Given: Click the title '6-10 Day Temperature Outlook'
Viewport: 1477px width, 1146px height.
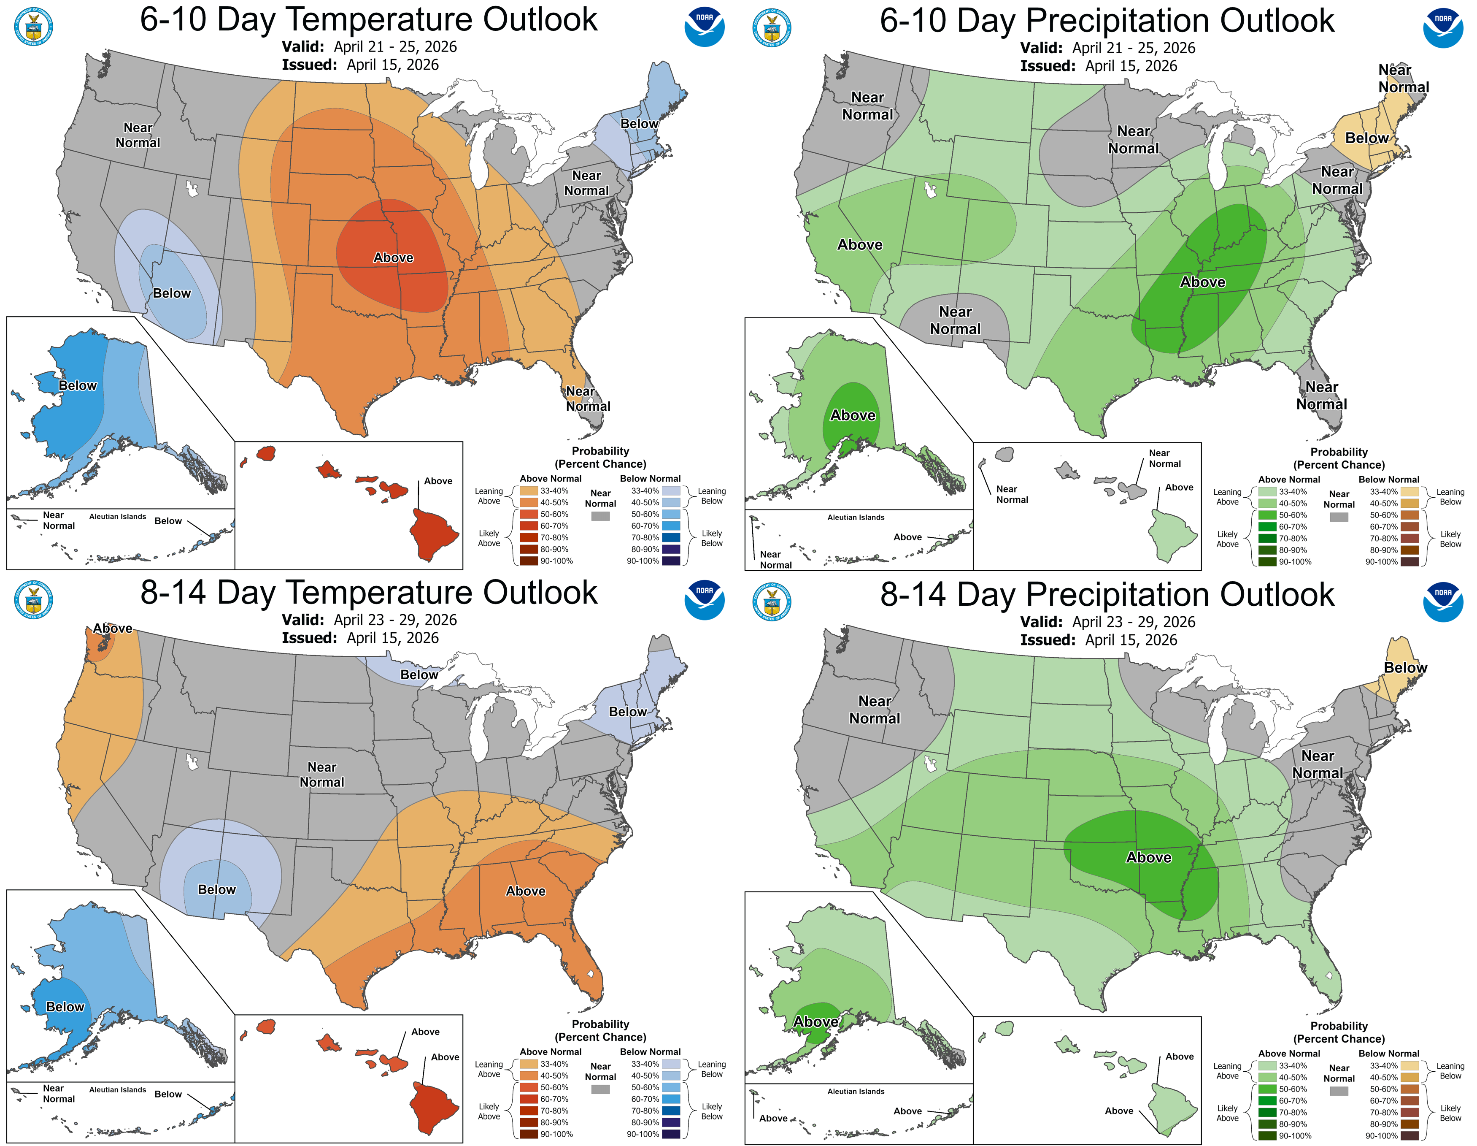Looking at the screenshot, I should [369, 19].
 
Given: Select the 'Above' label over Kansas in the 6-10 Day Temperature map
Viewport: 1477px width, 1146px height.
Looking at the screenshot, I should [393, 258].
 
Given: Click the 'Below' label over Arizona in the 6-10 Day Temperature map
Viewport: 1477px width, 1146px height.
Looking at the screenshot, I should [172, 293].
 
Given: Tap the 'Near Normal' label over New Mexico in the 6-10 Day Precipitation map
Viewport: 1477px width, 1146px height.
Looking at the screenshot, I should [955, 320].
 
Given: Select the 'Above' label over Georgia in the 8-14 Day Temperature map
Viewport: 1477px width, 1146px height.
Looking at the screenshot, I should [526, 891].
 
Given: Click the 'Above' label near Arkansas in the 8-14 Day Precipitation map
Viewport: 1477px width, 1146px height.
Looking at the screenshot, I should [1148, 857].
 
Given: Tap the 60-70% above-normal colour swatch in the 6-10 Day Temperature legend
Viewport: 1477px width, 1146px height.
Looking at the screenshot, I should [529, 526].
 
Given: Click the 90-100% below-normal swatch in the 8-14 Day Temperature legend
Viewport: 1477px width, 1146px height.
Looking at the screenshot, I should [671, 1134].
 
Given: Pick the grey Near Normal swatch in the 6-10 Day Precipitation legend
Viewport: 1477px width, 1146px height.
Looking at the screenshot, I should [1338, 517].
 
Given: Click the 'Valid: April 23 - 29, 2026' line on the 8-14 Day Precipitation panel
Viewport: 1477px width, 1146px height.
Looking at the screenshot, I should [1107, 622].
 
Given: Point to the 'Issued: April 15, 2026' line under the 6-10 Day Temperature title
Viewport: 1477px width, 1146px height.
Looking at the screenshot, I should [360, 65].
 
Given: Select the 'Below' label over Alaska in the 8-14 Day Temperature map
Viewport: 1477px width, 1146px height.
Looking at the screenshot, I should [65, 1007].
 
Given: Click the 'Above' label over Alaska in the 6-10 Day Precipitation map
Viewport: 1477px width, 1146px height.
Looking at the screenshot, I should [853, 415].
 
